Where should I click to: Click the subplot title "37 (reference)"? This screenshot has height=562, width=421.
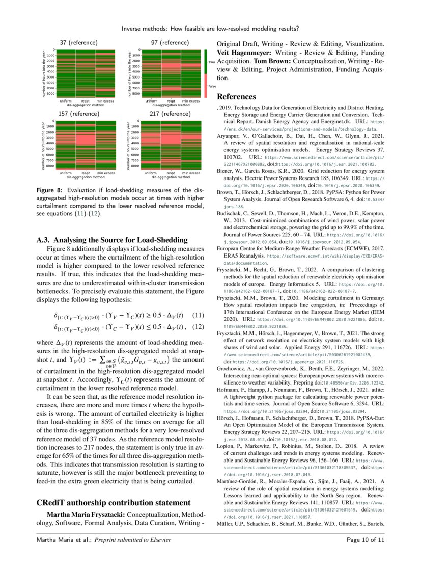point(78,42)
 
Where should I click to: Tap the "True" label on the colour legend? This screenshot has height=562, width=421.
point(212,61)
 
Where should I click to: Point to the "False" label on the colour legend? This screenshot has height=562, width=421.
point(212,86)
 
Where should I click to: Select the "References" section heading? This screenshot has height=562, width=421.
point(236,97)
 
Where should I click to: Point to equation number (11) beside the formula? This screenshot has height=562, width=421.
point(197,316)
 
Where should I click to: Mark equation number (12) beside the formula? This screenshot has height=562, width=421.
point(197,327)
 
